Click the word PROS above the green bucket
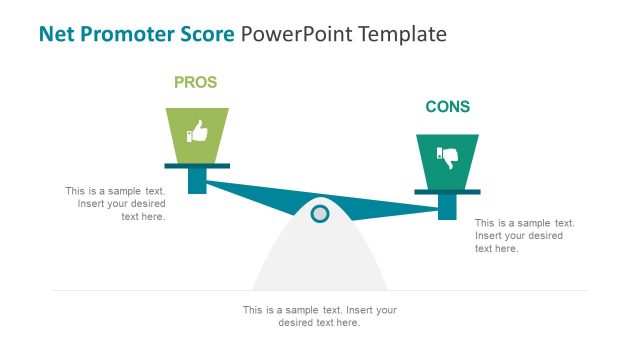click(195, 83)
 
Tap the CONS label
click(447, 107)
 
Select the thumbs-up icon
click(197, 131)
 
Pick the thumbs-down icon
click(447, 157)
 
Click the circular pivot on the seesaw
click(320, 213)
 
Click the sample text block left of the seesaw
click(115, 203)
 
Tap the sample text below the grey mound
click(320, 316)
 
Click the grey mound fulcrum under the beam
click(320, 260)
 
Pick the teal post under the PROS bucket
click(197, 180)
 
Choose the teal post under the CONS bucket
click(448, 206)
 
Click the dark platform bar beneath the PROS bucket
click(197, 166)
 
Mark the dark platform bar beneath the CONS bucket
click(447, 192)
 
